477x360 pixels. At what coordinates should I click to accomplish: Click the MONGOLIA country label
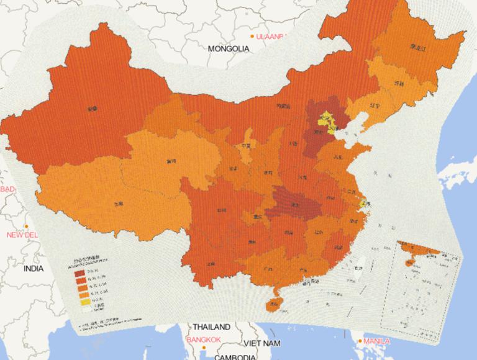228,48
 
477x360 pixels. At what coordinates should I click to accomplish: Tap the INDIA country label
34,269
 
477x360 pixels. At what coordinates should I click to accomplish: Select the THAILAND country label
211,326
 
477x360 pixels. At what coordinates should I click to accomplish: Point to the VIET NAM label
261,343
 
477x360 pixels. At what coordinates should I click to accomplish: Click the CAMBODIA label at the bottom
235,356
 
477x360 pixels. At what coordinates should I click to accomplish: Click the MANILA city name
377,341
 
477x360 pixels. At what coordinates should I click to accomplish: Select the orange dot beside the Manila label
360,341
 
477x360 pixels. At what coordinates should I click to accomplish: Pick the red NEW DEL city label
22,235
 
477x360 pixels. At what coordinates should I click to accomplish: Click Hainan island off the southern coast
273,304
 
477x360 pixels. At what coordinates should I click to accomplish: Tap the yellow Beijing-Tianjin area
327,122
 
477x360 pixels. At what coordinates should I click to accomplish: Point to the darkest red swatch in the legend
80,272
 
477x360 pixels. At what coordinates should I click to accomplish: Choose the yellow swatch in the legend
80,304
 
